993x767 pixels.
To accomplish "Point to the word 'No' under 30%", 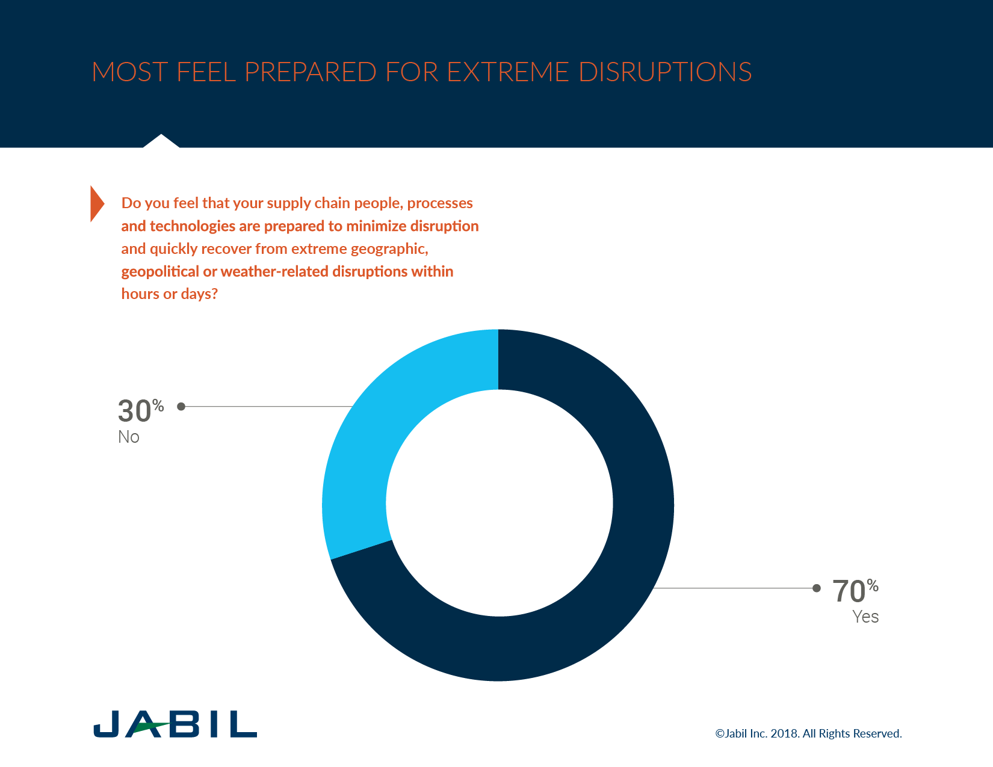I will click(129, 437).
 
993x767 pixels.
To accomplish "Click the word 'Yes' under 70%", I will click(865, 617).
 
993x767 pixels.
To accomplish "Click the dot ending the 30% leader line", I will click(181, 407).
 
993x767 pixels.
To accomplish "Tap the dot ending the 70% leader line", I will click(817, 588).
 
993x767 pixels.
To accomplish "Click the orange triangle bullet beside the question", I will click(96, 203).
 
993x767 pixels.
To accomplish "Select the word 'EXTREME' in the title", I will click(508, 72).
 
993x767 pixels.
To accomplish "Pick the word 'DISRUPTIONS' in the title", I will click(665, 72).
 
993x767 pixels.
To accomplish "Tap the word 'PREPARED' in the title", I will click(311, 72).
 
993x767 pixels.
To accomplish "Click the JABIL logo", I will click(175, 724).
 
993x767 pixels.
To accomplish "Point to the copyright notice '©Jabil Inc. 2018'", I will click(757, 734).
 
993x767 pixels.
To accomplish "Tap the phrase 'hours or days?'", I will click(169, 294).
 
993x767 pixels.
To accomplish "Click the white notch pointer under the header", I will click(161, 142).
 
